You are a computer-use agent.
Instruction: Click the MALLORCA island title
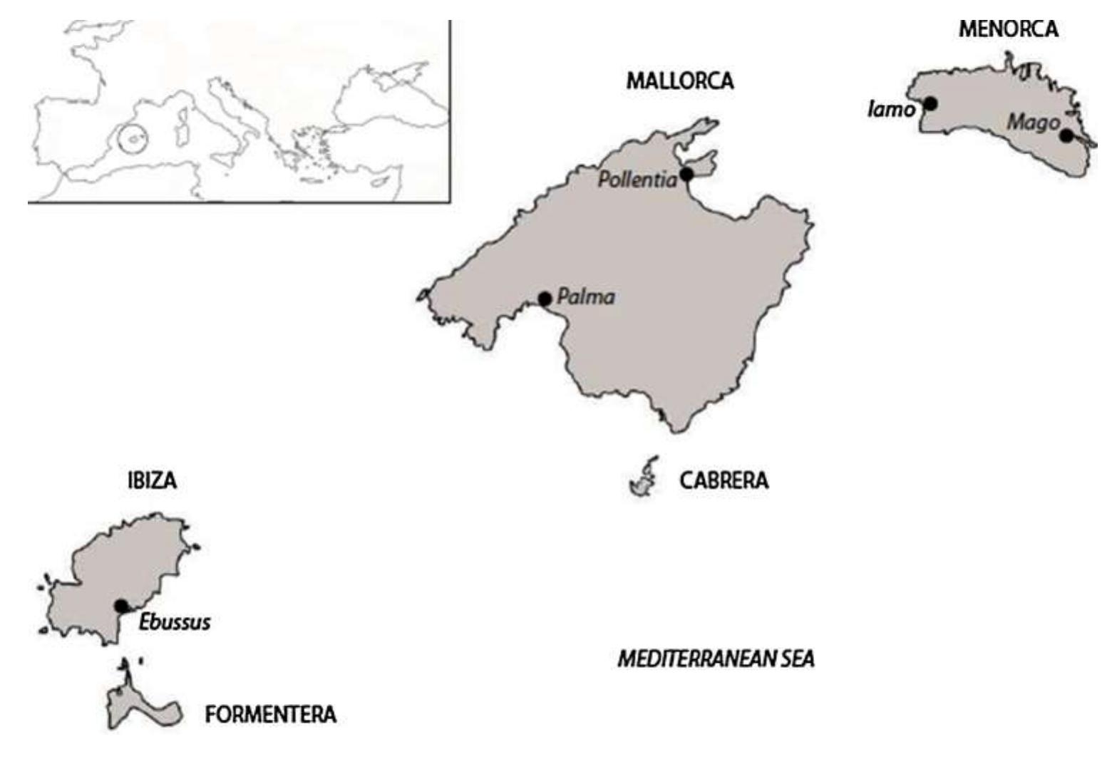[x=679, y=81]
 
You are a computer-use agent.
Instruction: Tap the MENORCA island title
[x=1008, y=29]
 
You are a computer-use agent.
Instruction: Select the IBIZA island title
[x=152, y=480]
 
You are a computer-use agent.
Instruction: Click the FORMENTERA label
[x=270, y=714]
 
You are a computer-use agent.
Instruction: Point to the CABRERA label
[x=724, y=480]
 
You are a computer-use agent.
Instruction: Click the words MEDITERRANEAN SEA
[x=716, y=659]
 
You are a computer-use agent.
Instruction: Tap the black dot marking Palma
[x=545, y=299]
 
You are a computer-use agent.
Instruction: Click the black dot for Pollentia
[x=686, y=174]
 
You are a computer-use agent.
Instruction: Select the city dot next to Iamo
[x=930, y=104]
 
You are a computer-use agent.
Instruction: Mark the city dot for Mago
[x=1066, y=135]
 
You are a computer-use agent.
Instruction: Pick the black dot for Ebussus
[x=121, y=606]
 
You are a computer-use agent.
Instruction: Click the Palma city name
[x=585, y=296]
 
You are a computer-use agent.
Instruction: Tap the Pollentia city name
[x=637, y=180]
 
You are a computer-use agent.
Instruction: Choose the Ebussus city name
[x=175, y=622]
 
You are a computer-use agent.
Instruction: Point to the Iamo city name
[x=891, y=110]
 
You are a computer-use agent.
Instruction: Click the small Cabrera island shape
[x=644, y=477]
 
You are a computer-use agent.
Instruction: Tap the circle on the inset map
[x=133, y=139]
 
